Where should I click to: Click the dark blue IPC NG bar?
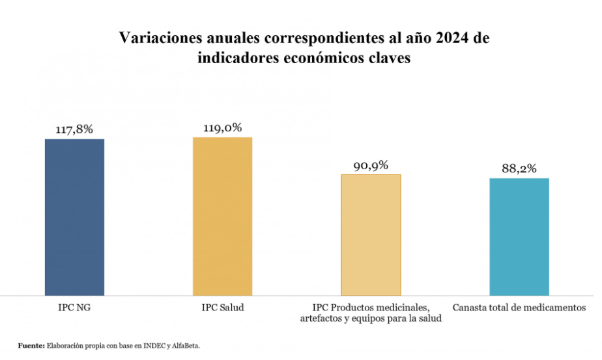click(x=74, y=217)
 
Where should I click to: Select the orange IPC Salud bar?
click(x=222, y=216)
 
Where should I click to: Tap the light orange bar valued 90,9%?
click(x=371, y=234)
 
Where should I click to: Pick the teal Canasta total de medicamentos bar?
click(x=519, y=236)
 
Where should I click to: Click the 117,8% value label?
click(x=74, y=130)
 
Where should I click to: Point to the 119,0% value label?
click(x=222, y=128)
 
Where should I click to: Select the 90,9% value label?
click(x=371, y=165)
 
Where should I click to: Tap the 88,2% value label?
click(x=519, y=169)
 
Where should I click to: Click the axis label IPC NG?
click(x=74, y=307)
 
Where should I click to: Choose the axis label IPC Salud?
click(x=222, y=307)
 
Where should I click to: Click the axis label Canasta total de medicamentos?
click(x=519, y=307)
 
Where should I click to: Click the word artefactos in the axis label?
click(x=324, y=318)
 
